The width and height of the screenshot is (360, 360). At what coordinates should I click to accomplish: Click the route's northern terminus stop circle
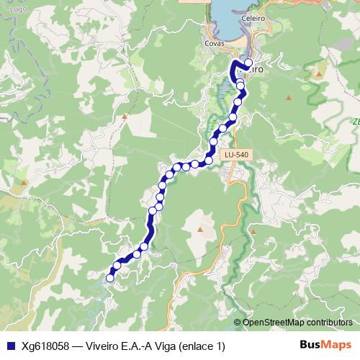pos(248,63)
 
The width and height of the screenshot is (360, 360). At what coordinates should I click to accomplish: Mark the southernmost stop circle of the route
pos(110,278)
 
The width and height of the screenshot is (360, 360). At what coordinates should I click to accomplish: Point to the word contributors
pos(328,322)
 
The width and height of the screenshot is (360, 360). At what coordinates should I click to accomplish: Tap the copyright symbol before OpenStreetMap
pos(238,322)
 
